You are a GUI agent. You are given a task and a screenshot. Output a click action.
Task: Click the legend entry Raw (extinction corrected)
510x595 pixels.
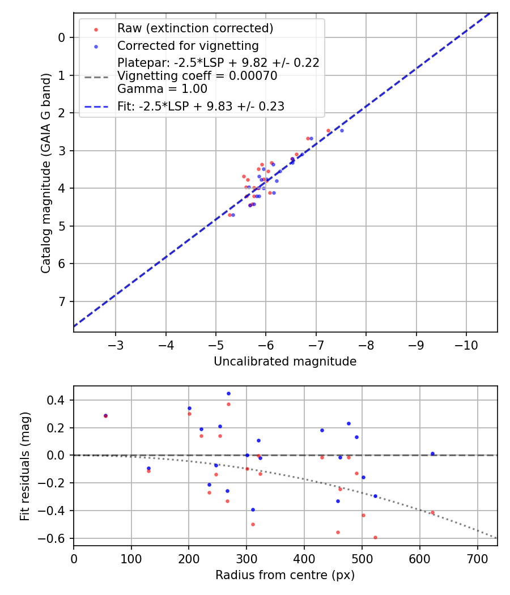pos(195,28)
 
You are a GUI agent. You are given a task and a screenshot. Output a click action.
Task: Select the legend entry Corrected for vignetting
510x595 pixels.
pos(188,46)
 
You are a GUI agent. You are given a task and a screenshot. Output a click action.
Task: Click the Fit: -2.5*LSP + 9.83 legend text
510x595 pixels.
pos(201,106)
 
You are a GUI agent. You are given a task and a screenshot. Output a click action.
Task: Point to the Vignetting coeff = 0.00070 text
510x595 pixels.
pos(197,76)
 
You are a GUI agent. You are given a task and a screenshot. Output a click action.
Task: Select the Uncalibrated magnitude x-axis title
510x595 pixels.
pos(285,362)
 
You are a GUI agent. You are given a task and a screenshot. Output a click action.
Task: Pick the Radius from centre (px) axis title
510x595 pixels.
pos(285,575)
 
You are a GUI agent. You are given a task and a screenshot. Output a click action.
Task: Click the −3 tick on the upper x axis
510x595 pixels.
pos(116,345)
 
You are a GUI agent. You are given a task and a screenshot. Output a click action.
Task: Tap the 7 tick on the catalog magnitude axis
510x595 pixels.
pos(62,301)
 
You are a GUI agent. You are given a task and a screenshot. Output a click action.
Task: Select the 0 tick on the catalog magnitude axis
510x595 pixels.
pos(62,37)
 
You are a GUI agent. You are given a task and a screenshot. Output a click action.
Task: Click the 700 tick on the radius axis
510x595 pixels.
pos(477,558)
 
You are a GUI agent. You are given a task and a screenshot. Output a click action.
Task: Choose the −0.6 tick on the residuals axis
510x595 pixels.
pos(56,538)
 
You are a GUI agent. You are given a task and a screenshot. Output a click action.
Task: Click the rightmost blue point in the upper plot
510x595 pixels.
pos(342,130)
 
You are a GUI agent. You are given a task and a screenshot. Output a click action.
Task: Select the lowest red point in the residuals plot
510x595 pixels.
pos(375,537)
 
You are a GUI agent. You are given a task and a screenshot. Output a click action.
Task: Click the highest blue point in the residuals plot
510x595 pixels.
pos(228,393)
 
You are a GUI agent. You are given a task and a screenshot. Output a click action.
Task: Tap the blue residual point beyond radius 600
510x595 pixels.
pos(432,453)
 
